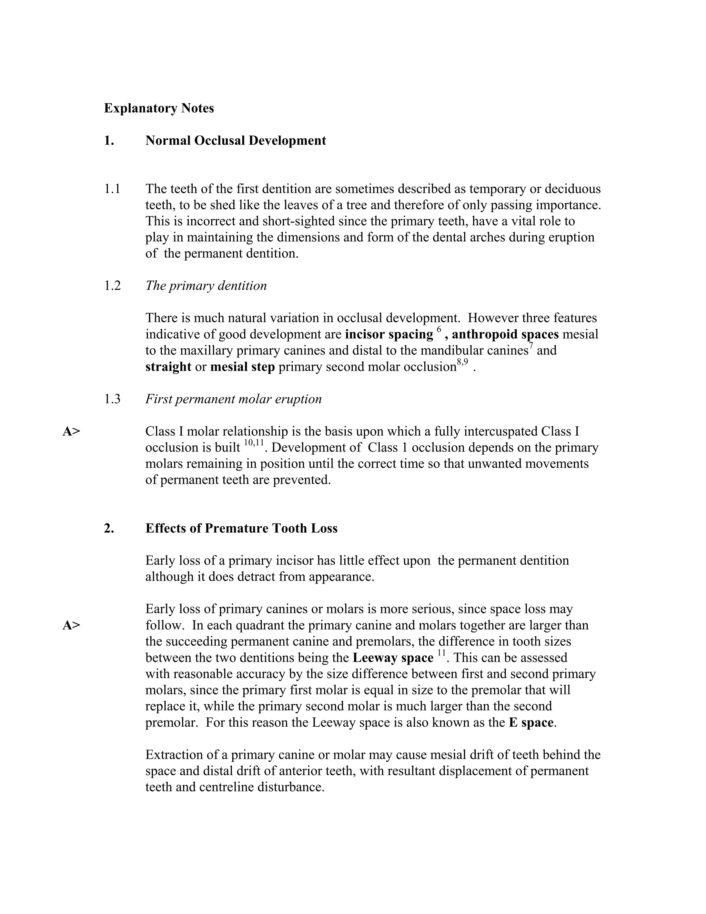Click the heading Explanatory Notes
tap(159, 108)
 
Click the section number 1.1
tap(112, 189)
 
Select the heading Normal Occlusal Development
tap(235, 141)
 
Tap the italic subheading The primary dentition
tap(206, 286)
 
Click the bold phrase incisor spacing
tap(389, 334)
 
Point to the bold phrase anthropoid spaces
tap(505, 334)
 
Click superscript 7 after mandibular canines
tap(531, 346)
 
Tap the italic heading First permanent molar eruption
tap(233, 399)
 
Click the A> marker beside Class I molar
tap(71, 431)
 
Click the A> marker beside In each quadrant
tap(71, 626)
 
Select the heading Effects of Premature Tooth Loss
tap(241, 528)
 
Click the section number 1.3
tap(112, 399)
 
